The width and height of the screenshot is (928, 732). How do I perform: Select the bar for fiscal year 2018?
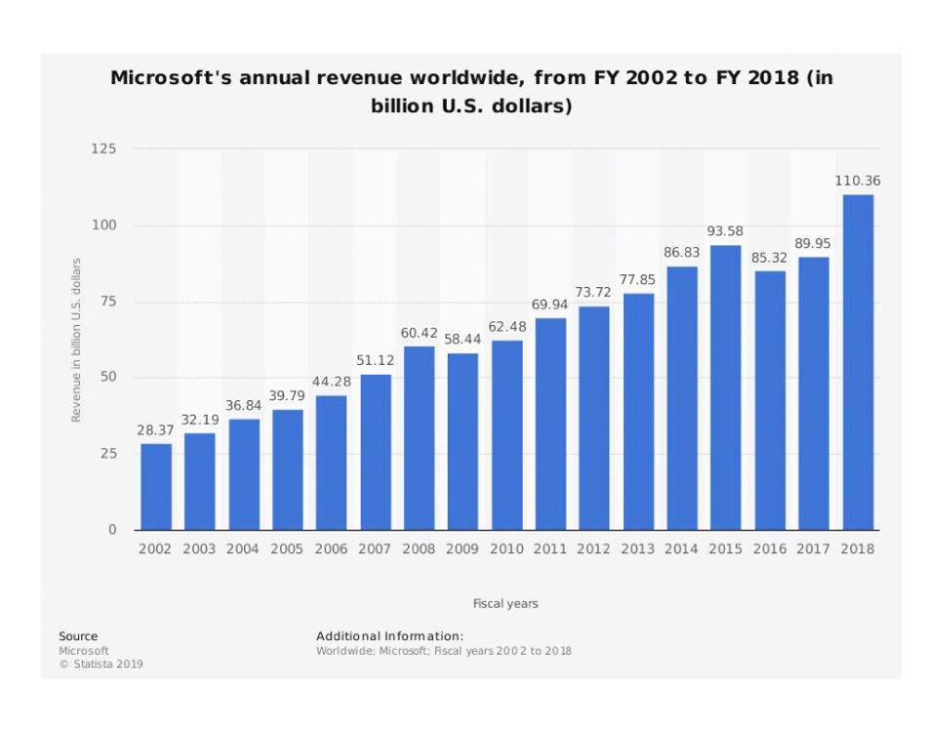[x=858, y=362]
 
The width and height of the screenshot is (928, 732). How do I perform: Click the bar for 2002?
[x=156, y=486]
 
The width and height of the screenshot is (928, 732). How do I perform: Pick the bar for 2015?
[x=726, y=387]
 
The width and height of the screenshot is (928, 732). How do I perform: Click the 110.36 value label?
[x=858, y=181]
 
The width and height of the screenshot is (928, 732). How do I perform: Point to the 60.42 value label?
[x=419, y=333]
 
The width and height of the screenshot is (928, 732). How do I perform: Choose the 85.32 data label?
[x=769, y=258]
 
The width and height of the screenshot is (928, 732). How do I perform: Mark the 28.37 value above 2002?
[x=155, y=430]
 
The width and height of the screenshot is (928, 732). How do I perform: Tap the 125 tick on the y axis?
[x=104, y=149]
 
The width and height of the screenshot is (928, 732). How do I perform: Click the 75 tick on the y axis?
[x=107, y=302]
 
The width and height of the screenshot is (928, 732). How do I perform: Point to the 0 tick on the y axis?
[x=111, y=530]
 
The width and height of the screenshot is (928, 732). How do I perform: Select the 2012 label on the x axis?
[x=593, y=549]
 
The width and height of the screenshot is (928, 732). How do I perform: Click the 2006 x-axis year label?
[x=330, y=549]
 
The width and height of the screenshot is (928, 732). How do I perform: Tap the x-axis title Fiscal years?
[x=505, y=604]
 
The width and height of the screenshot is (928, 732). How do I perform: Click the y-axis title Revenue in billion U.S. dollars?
[x=75, y=340]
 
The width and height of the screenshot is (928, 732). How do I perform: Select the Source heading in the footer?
[x=78, y=636]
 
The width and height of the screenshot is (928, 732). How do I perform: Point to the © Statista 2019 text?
[x=101, y=665]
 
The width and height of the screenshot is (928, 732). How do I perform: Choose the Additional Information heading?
[x=389, y=636]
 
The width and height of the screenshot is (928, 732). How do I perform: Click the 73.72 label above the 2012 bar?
[x=593, y=293]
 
